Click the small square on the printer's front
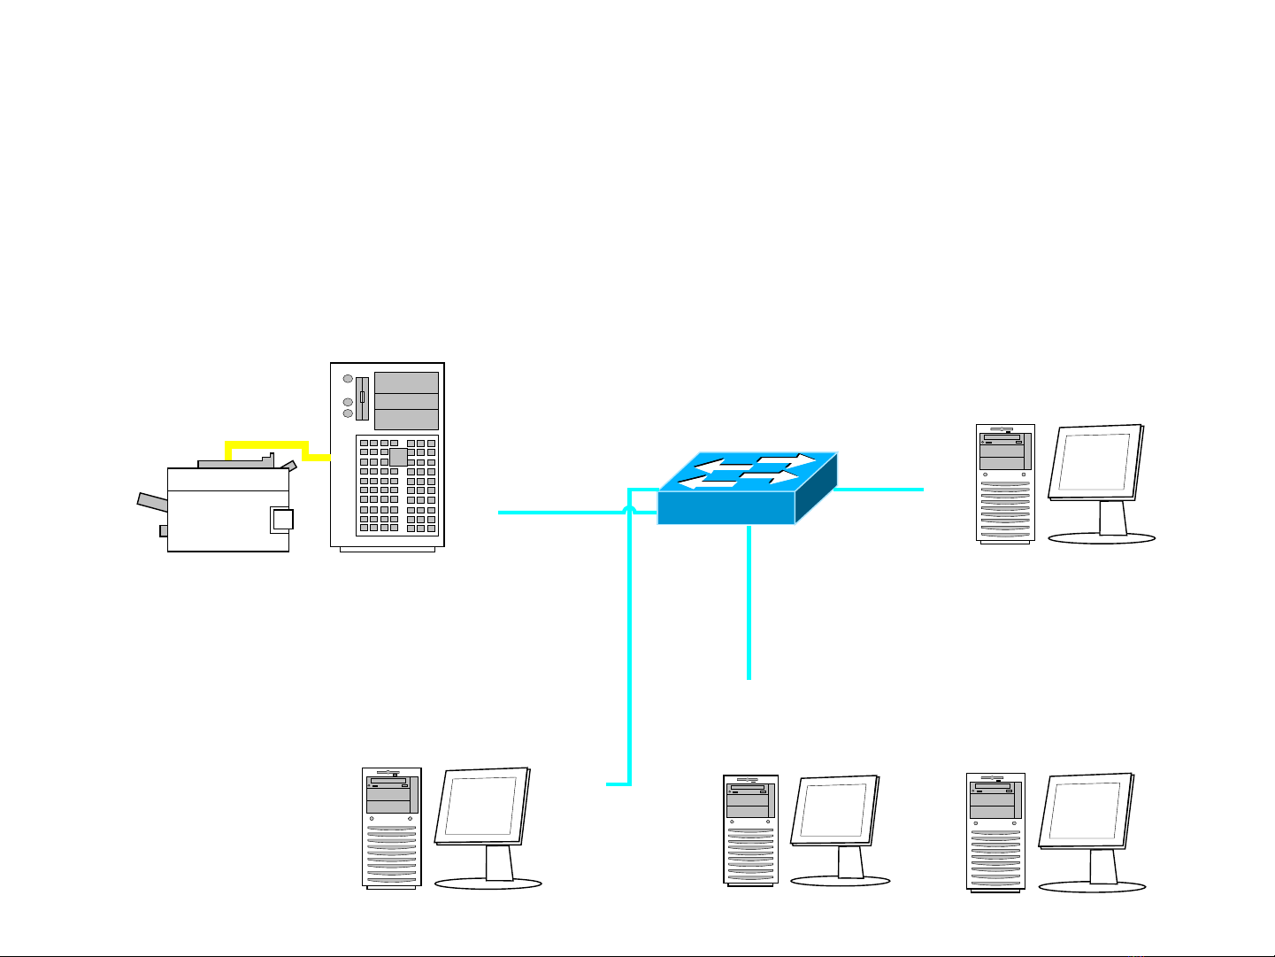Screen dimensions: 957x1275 (x=281, y=520)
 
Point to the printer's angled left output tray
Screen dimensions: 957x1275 (x=151, y=502)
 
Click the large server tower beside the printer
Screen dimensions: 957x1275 (x=387, y=457)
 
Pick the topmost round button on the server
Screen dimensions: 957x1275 (x=348, y=378)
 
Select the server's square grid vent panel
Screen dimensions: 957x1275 (x=397, y=486)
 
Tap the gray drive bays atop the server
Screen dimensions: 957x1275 (x=406, y=400)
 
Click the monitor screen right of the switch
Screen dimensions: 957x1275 (x=1094, y=465)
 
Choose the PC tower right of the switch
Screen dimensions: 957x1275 (x=1005, y=482)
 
